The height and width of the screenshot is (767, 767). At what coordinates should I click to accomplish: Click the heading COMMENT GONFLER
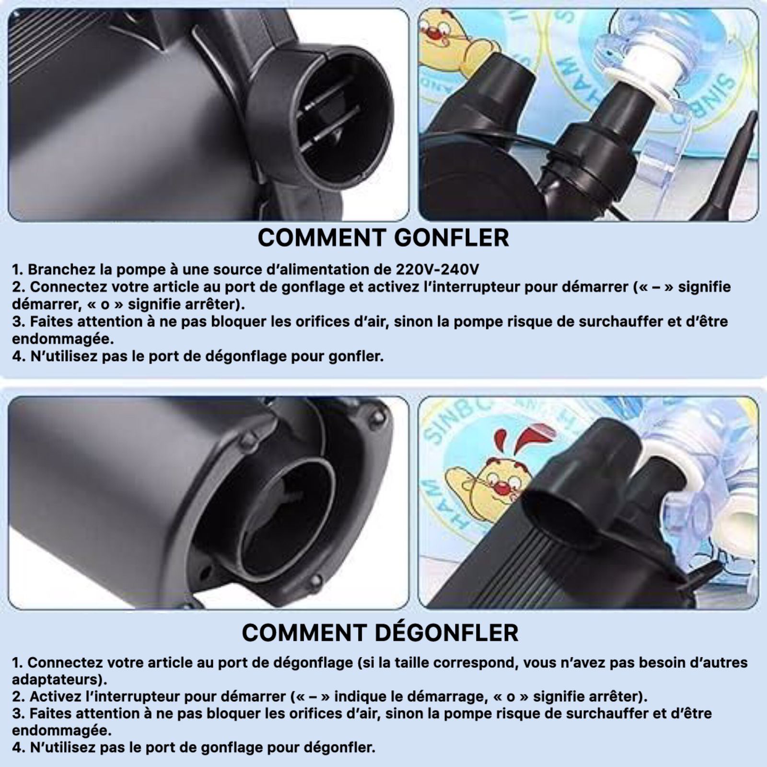(383, 238)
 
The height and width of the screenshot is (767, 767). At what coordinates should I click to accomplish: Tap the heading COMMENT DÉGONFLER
(380, 633)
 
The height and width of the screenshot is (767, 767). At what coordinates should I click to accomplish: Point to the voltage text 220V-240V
(437, 270)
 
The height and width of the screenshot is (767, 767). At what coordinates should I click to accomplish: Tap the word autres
(726, 662)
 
